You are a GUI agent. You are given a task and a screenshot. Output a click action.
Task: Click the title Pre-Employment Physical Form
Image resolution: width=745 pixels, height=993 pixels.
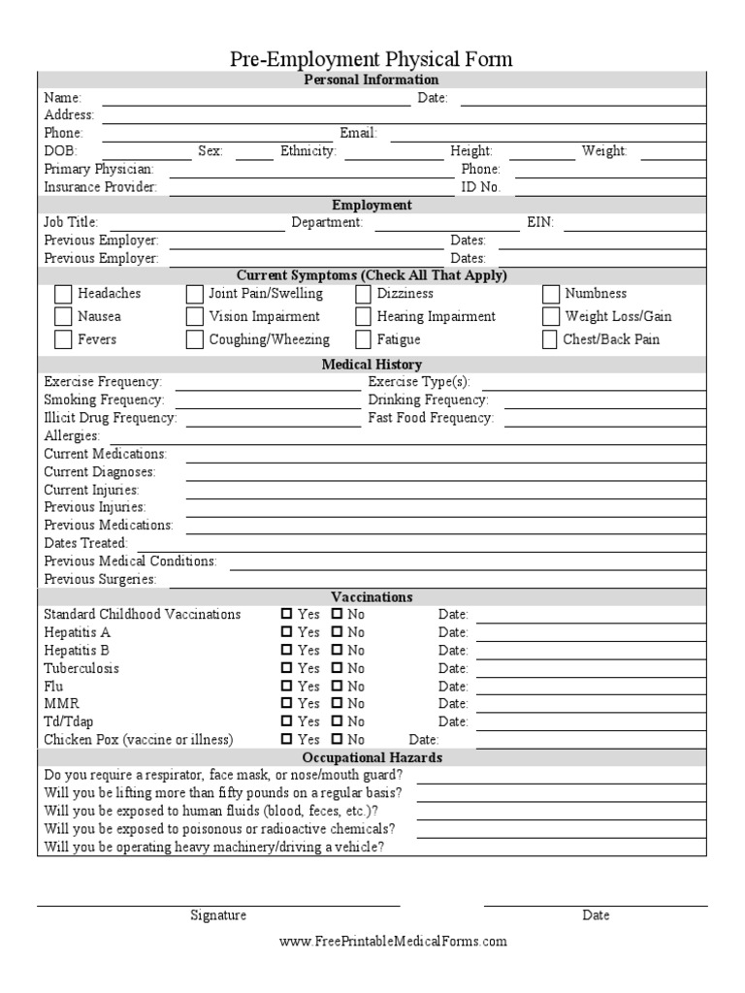coord(372,60)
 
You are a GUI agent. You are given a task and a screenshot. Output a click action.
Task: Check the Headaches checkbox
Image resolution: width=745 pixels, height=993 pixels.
coord(63,294)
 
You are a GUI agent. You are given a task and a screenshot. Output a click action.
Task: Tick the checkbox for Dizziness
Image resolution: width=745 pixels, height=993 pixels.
coord(363,294)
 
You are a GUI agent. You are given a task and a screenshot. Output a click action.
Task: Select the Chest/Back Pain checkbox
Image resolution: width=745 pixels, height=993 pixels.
coord(550,340)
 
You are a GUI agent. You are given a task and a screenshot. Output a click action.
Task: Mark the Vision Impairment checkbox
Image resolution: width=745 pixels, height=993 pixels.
coord(194,317)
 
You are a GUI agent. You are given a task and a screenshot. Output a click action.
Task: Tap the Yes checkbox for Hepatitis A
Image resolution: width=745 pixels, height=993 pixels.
coord(286,632)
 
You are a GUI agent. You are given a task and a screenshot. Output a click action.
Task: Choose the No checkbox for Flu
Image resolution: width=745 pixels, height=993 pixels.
coord(337,686)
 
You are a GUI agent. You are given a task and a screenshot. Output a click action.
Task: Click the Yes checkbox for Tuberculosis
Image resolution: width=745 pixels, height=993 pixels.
coord(286,668)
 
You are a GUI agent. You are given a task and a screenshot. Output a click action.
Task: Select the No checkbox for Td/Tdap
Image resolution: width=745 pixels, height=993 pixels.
coord(337,721)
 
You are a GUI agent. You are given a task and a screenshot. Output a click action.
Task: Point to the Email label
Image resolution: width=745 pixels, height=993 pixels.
coord(358,133)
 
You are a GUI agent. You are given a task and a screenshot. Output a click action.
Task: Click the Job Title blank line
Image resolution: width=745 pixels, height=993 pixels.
coord(181,224)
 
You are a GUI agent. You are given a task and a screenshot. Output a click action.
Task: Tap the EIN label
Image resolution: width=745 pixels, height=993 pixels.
coord(540,222)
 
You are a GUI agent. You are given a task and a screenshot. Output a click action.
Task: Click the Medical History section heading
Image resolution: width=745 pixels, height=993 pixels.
coord(372,365)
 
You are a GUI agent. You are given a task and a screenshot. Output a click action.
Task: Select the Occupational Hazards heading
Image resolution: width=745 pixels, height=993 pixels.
coord(372,757)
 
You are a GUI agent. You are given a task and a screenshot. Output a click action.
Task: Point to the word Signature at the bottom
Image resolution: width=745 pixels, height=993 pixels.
coord(218,915)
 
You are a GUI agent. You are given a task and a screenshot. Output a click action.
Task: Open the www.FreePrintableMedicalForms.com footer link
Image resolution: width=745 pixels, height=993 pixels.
coord(393,941)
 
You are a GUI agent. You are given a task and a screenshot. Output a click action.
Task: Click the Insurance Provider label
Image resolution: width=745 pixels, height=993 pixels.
coord(100,187)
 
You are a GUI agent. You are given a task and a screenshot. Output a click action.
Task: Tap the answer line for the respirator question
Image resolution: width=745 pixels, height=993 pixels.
coord(559,777)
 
